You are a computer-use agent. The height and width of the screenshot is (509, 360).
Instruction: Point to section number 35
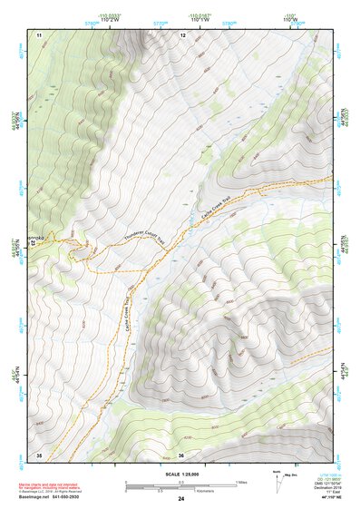(39, 454)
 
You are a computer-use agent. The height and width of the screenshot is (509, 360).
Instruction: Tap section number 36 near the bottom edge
(181, 455)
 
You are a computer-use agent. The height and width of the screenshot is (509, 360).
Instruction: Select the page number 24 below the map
(180, 499)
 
